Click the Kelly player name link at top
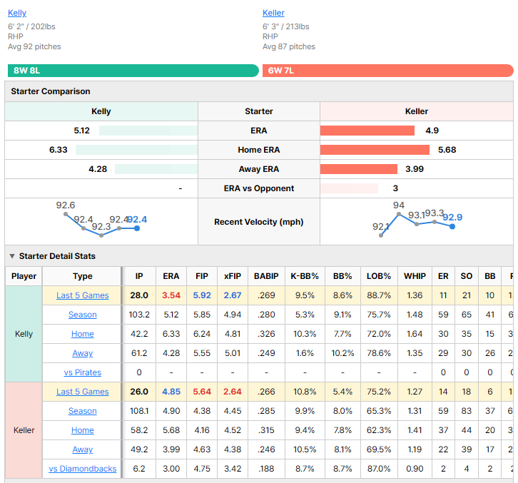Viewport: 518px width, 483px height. (17, 13)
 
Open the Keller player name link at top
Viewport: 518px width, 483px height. (273, 13)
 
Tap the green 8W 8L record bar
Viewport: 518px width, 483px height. (133, 71)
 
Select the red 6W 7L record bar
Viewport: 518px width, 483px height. (388, 71)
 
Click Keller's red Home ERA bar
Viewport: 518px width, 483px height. (375, 150)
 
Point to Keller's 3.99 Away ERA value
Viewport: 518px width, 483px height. (415, 169)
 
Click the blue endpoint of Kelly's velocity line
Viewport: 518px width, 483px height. (137, 228)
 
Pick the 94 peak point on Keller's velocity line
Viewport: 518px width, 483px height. (399, 214)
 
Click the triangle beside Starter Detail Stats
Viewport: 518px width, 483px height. (12, 256)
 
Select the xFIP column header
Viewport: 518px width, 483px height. (233, 276)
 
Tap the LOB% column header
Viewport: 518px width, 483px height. (379, 276)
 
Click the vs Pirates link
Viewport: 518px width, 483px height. (83, 372)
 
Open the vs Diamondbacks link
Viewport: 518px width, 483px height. (83, 469)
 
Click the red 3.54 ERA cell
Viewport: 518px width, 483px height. (171, 295)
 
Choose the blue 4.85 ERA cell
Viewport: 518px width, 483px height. (171, 392)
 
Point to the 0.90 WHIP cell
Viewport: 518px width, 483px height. (415, 469)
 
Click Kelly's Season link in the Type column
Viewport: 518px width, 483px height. (83, 315)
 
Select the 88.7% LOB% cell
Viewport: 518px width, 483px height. (379, 295)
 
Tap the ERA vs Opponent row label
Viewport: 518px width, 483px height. (259, 188)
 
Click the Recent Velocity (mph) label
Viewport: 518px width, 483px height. (259, 222)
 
